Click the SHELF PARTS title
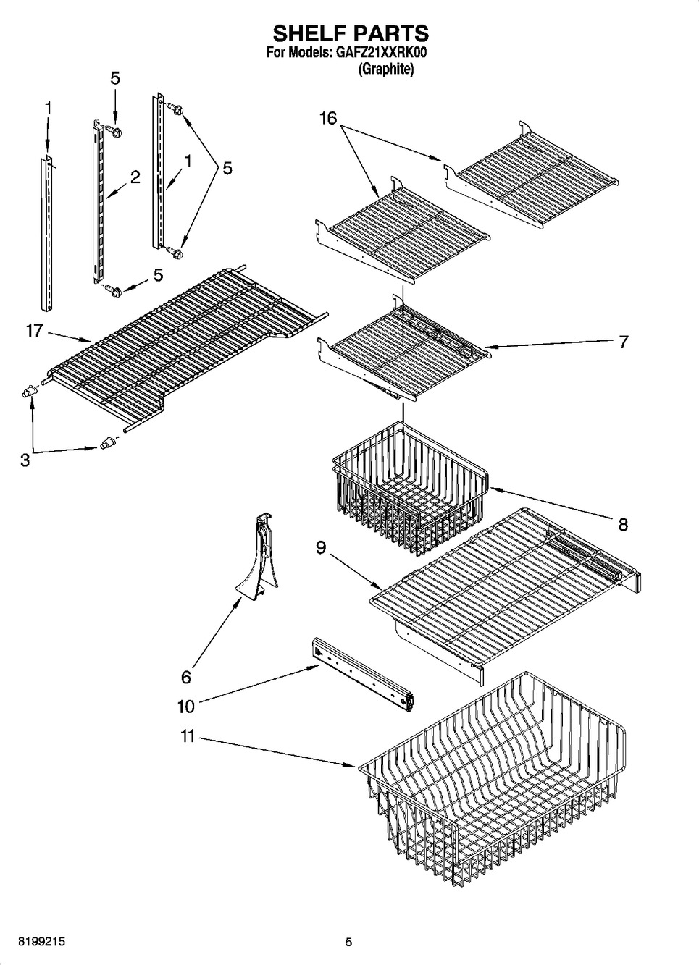[x=351, y=33]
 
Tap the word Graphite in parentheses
[x=386, y=69]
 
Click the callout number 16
[x=328, y=117]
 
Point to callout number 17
[x=35, y=331]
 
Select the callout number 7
[x=623, y=342]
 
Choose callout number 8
[x=623, y=525]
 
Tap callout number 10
[x=186, y=707]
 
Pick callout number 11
[x=188, y=736]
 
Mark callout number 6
[x=186, y=677]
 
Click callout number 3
[x=25, y=460]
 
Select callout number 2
[x=135, y=177]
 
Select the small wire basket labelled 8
[x=410, y=489]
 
